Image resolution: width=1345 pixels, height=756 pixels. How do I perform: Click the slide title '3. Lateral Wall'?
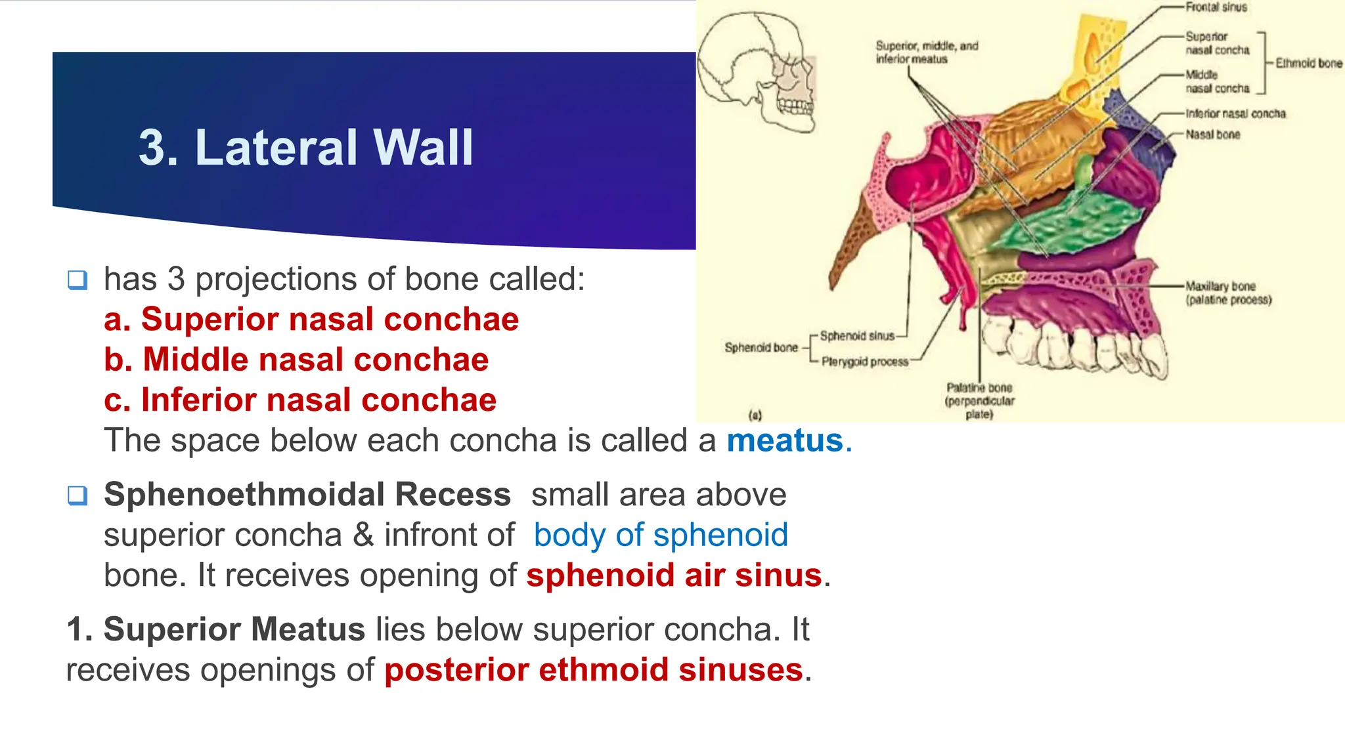[305, 147]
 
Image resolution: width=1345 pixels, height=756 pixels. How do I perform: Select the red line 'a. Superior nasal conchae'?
[311, 320]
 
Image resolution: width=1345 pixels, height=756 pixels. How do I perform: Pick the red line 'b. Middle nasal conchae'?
[296, 360]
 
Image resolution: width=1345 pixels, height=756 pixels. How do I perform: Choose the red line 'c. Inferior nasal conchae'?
[300, 400]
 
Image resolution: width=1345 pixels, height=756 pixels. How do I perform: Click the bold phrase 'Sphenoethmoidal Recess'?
[307, 494]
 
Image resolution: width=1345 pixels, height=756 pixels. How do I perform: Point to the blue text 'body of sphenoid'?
[660, 535]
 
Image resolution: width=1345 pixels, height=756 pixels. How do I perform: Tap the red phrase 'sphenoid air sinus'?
[674, 576]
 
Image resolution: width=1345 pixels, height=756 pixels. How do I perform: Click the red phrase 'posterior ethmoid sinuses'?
[594, 670]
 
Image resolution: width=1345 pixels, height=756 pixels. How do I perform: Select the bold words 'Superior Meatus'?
[234, 629]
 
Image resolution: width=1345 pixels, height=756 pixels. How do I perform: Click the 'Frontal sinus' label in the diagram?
[1216, 7]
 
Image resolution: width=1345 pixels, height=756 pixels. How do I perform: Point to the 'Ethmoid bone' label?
[1308, 63]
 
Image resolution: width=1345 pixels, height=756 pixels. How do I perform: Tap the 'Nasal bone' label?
[1212, 135]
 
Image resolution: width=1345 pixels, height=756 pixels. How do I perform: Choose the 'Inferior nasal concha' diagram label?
[1235, 114]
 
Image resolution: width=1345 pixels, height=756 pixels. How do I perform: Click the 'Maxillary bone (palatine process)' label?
[1227, 293]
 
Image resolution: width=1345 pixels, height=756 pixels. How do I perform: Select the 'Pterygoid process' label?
[864, 362]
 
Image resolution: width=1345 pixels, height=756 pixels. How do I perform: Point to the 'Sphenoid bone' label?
[761, 347]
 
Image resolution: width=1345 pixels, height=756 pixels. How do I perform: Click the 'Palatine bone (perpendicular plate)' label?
[979, 400]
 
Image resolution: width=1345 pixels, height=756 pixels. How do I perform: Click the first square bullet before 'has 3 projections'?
[77, 280]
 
